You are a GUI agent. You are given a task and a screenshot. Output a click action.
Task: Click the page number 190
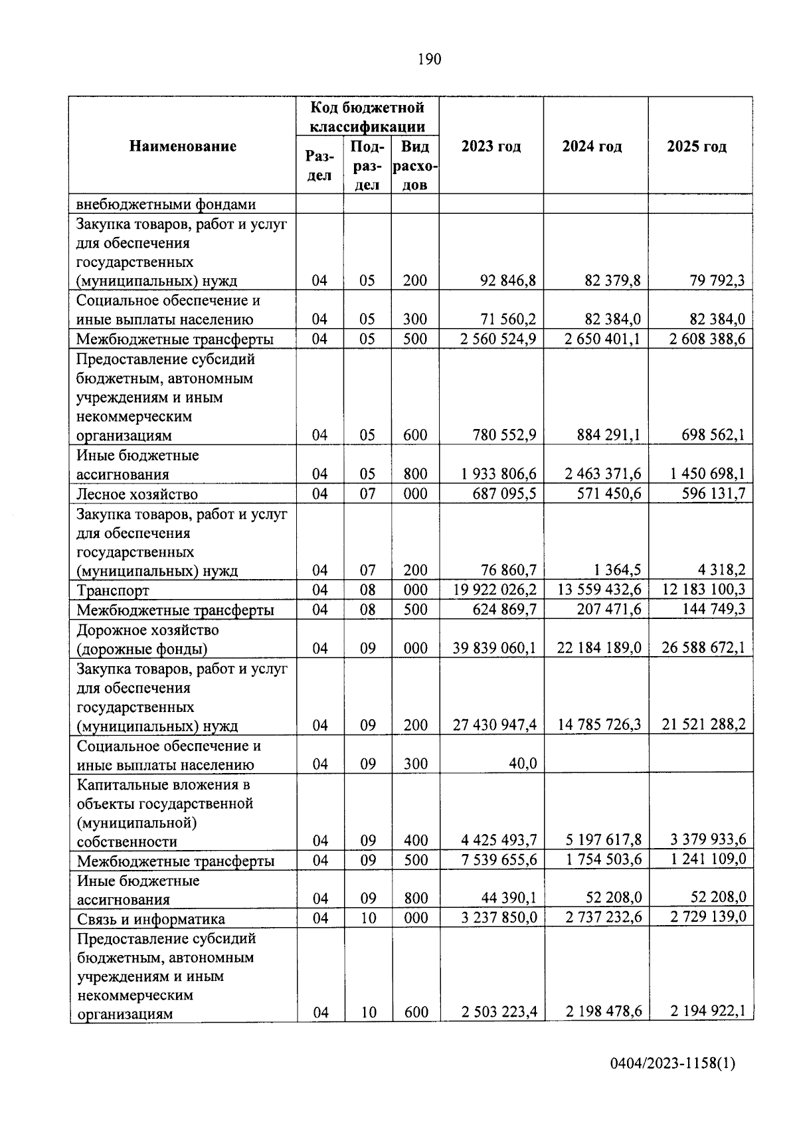coord(429,60)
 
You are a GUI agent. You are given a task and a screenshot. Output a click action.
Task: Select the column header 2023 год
coord(491,147)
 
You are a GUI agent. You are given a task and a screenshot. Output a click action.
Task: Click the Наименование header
coord(183,146)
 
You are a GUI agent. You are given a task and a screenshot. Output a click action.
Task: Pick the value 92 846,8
coord(508,280)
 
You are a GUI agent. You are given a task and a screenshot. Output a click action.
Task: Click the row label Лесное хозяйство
coord(137,494)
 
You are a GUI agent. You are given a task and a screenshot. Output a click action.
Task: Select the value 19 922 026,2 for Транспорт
coord(495,590)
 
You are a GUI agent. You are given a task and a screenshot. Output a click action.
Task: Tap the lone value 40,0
coord(523,764)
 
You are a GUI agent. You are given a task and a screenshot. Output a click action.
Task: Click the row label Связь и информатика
coord(151,919)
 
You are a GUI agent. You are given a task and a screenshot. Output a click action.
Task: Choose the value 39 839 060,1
coord(494,648)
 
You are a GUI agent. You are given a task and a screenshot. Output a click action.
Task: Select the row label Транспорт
coord(113,590)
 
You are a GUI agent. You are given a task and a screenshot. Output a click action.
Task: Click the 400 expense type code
coord(416,841)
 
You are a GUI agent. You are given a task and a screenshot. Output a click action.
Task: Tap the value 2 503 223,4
coord(499,1012)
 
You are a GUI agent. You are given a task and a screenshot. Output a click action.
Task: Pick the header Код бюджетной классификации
coord(367,116)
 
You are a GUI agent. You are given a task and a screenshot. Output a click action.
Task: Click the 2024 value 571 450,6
coord(609,493)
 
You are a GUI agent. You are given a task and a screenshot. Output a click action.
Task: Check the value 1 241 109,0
coord(708,859)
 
